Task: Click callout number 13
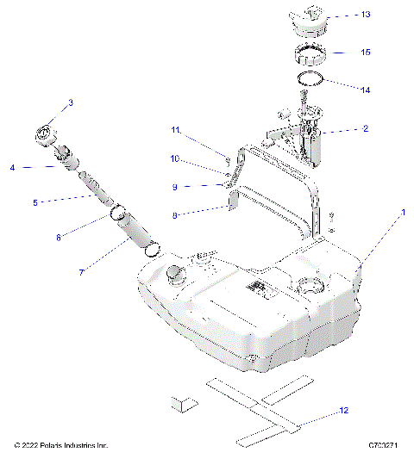point(366,15)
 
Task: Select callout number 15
point(366,52)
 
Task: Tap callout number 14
point(366,89)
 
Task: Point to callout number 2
point(366,128)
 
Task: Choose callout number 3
point(71,102)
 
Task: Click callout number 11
point(175,130)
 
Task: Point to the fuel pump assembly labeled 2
point(305,138)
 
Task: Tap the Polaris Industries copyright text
point(61,445)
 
